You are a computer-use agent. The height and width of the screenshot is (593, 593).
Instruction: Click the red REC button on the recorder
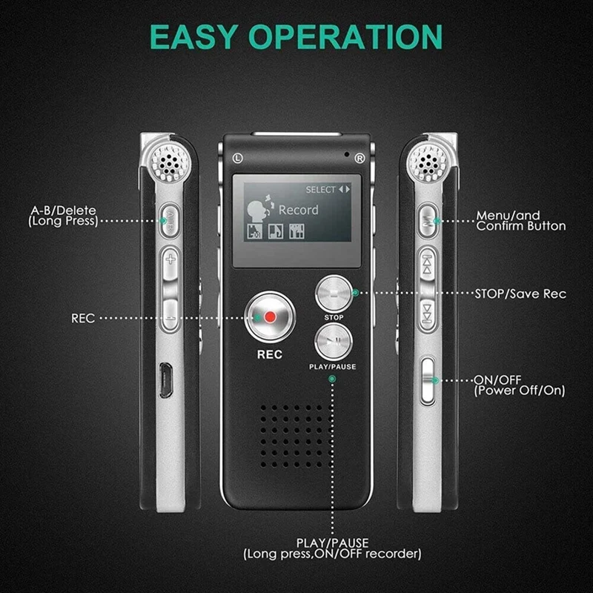pos(270,317)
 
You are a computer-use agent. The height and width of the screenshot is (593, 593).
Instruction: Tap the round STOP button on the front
pos(334,294)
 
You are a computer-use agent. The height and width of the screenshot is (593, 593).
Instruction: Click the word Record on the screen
pos(298,210)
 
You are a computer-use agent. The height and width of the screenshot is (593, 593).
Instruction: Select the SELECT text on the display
pos(320,190)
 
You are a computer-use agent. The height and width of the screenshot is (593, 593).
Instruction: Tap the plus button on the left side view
pos(171,259)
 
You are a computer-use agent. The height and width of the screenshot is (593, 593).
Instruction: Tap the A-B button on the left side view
pos(170,219)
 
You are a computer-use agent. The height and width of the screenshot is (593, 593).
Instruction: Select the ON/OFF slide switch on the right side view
pos(427,380)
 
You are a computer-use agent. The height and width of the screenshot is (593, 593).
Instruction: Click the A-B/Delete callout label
pos(62,216)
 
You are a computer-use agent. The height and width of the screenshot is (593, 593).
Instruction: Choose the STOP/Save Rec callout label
pos(520,294)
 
